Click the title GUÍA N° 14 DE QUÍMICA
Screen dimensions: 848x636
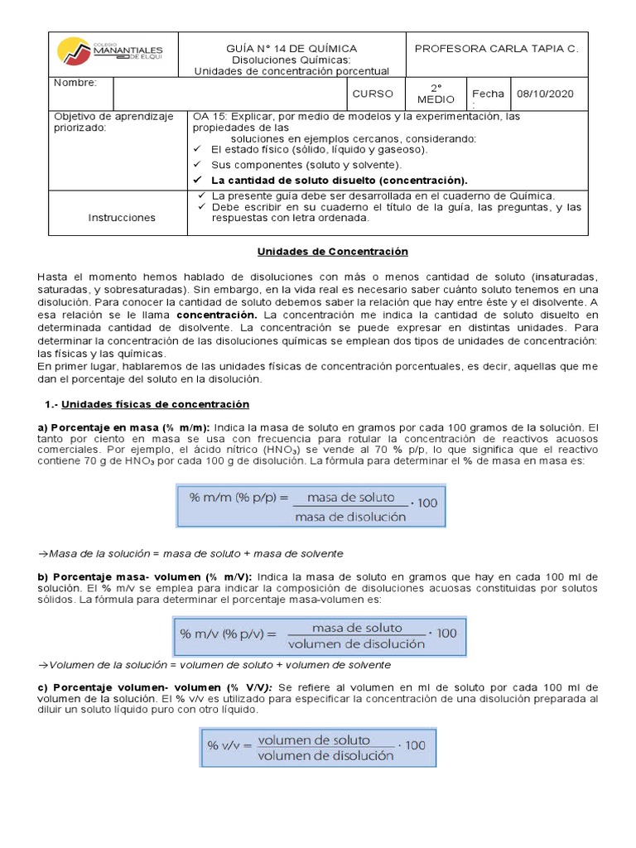291,48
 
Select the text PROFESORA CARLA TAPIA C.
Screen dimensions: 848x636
496,48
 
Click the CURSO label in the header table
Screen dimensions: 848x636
373,94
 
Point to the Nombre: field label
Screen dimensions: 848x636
75,83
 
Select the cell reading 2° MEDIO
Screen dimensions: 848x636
436,94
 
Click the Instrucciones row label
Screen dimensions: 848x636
122,217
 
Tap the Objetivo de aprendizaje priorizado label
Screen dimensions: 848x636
113,123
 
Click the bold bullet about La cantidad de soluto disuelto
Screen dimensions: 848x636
339,180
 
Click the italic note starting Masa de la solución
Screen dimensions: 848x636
191,553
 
